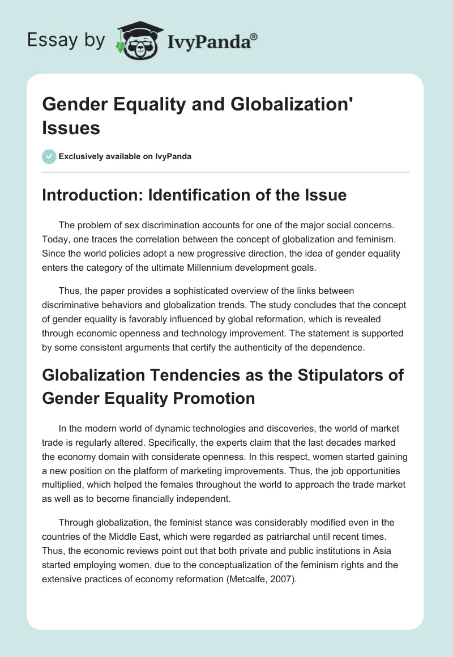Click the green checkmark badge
[x=49, y=156]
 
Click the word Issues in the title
[x=71, y=127]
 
